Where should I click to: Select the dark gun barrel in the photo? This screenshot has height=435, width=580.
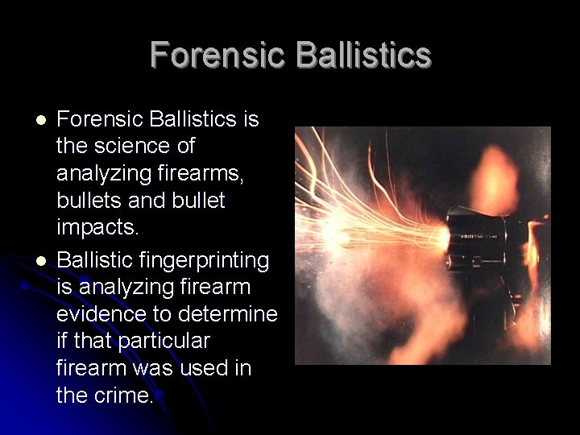tap(475, 237)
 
